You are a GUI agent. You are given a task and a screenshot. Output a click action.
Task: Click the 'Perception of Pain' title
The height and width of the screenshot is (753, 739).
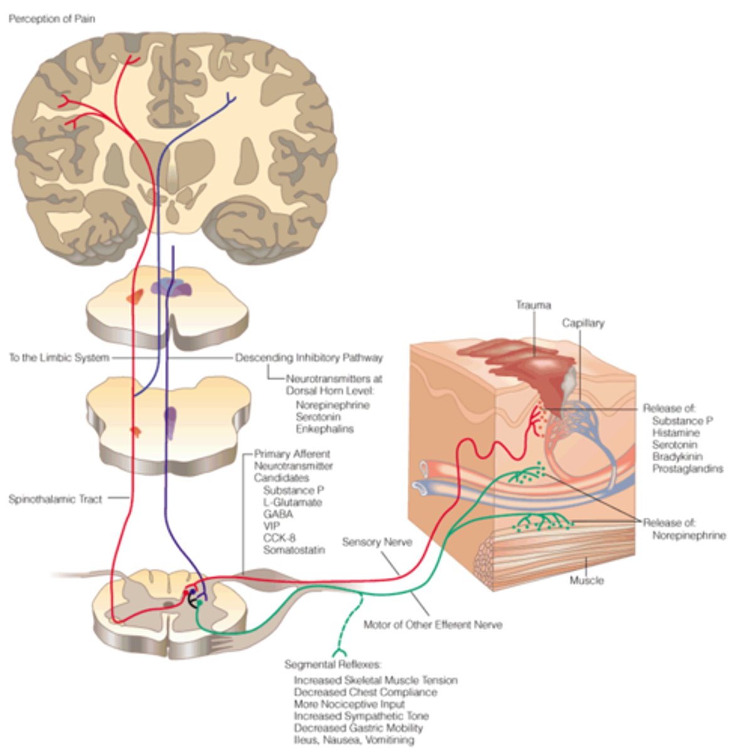click(x=51, y=19)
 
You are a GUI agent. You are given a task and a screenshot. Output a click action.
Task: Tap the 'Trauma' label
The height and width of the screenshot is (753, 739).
click(x=533, y=305)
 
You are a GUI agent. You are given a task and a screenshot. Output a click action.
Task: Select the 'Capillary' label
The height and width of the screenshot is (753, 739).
click(x=583, y=323)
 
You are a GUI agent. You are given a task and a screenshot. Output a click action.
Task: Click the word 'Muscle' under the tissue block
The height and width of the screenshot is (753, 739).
click(x=587, y=580)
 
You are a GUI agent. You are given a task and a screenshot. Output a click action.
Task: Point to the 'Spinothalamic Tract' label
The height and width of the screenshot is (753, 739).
click(x=55, y=499)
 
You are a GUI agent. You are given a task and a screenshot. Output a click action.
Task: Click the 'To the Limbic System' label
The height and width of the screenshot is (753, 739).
click(x=58, y=358)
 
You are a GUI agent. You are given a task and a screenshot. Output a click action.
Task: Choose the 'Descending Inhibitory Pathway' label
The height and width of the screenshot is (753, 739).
click(x=309, y=358)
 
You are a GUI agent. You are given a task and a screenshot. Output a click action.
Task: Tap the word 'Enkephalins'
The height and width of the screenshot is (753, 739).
click(x=324, y=429)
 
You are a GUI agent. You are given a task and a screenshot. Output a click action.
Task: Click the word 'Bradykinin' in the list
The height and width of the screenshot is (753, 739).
click(x=677, y=456)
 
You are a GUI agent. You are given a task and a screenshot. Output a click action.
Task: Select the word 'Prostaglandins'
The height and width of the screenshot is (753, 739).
click(x=688, y=468)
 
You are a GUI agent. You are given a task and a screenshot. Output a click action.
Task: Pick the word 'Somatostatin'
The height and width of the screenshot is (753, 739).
click(x=294, y=550)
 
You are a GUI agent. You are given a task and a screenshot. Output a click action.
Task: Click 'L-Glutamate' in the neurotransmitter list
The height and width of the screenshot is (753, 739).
click(x=292, y=502)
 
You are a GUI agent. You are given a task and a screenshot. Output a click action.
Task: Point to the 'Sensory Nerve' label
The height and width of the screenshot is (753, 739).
click(x=377, y=542)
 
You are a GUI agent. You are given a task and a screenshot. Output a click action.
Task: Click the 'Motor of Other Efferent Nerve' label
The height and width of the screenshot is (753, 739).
click(x=433, y=625)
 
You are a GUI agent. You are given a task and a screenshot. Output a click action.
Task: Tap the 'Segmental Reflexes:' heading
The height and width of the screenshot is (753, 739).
click(x=333, y=665)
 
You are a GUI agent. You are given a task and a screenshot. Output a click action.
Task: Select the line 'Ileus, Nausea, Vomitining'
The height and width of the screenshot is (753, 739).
click(x=354, y=740)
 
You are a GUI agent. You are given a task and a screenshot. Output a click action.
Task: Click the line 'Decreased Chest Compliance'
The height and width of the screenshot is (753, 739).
click(x=365, y=692)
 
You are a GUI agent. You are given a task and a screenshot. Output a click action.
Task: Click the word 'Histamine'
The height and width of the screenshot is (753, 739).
click(x=676, y=432)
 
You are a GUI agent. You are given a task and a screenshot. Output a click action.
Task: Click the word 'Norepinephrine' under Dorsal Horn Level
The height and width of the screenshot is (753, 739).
click(x=332, y=405)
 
